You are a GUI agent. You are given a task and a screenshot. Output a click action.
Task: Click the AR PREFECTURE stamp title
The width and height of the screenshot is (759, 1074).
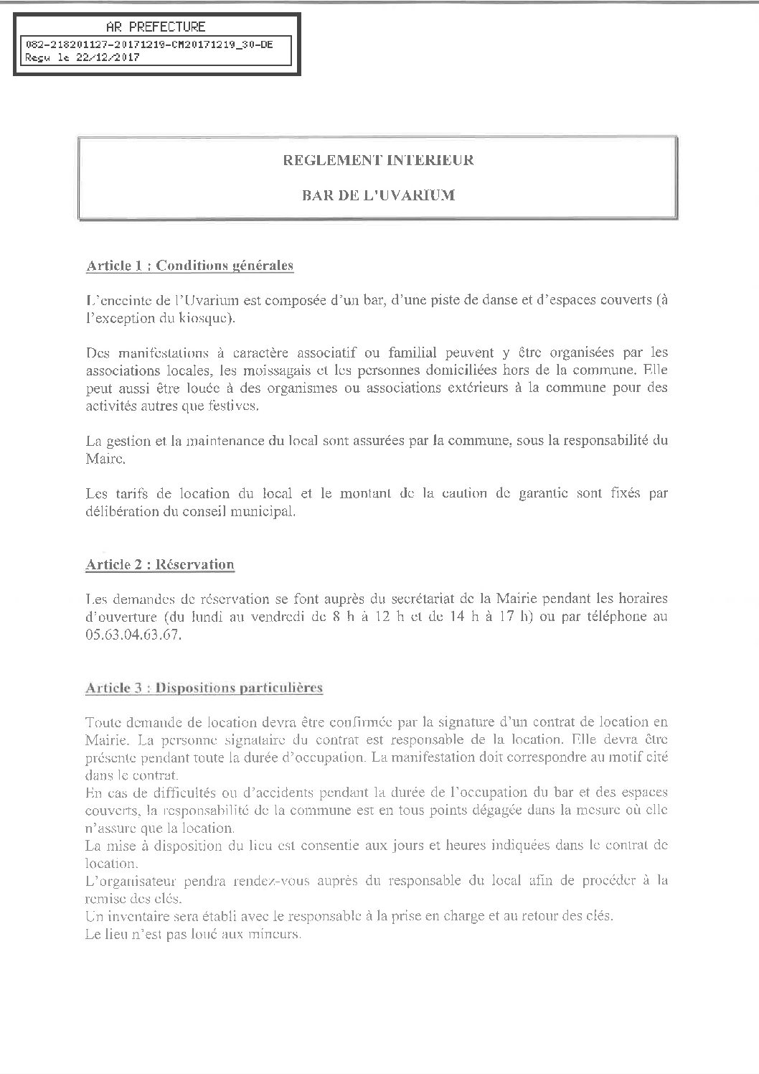155,27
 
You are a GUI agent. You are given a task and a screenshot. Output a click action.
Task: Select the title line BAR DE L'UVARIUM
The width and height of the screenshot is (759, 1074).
378,195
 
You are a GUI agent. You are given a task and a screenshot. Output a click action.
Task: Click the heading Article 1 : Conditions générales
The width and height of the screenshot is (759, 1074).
190,266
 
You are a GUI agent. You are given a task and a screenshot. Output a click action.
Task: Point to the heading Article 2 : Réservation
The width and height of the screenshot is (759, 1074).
160,564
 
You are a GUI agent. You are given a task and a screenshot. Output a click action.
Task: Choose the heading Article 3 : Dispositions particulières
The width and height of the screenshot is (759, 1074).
204,688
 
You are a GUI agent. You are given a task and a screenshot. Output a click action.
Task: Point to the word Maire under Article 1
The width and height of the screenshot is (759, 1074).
103,457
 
